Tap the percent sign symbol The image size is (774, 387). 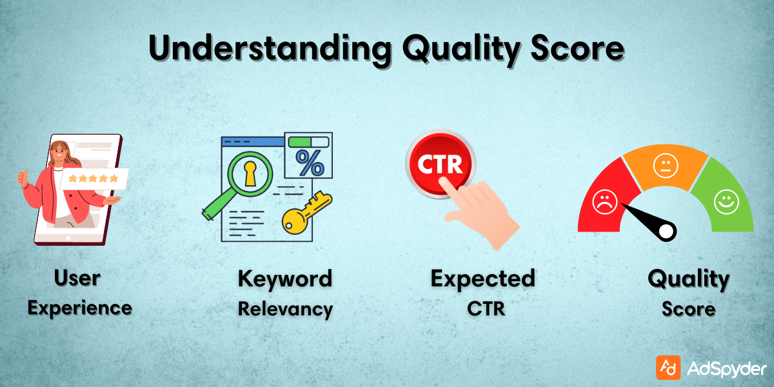coord(309,163)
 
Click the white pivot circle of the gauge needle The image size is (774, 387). coord(666,230)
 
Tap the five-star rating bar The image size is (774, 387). coord(94,178)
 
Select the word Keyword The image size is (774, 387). coord(284,279)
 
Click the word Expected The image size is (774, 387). coord(482,279)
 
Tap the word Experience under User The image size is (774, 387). coord(79,308)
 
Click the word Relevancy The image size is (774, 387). coord(285,308)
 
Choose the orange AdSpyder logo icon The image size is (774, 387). coord(668,368)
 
